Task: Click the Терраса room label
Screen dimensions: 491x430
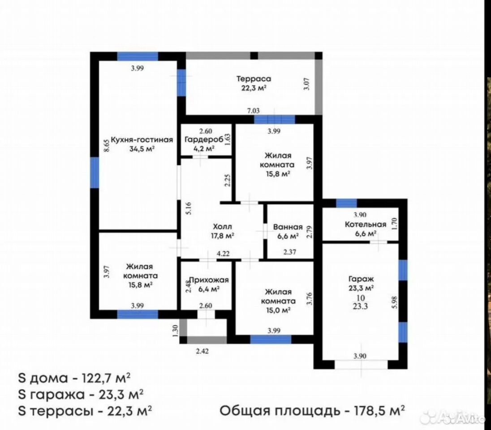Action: point(254,79)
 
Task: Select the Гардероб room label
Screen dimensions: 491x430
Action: point(203,139)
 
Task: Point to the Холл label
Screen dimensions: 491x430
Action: point(222,227)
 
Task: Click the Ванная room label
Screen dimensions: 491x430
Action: point(288,227)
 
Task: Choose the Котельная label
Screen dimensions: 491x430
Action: point(366,224)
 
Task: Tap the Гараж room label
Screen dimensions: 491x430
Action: point(361,279)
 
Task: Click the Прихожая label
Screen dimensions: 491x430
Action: point(209,279)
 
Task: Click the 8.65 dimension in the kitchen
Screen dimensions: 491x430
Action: point(107,146)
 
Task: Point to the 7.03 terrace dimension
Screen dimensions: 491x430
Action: point(253,111)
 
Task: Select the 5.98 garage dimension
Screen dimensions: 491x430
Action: point(395,302)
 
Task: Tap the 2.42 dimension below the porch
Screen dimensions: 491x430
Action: point(202,351)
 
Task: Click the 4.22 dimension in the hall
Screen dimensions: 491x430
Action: point(223,254)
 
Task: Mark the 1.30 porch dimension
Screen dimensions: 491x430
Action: point(175,331)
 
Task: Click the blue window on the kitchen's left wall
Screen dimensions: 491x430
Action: point(95,172)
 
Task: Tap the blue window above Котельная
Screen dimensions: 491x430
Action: point(346,203)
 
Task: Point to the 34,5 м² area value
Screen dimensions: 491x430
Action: point(142,149)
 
